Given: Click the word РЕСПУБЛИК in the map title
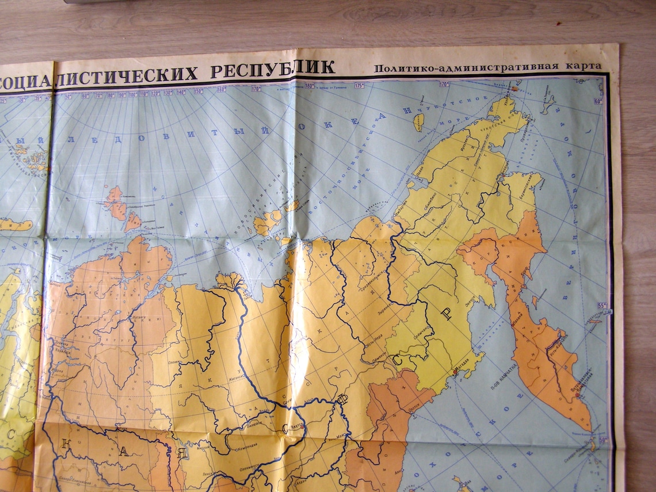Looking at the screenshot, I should [x=272, y=70].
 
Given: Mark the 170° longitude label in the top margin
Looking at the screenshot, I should [x=444, y=84].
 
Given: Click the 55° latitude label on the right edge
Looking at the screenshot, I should [x=602, y=305].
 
